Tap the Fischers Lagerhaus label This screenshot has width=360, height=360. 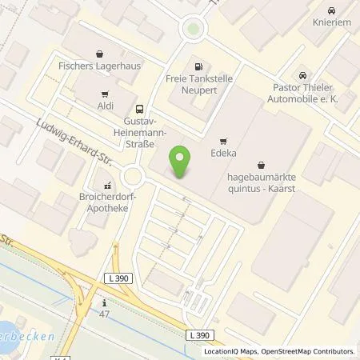pyautogui.click(x=100, y=58)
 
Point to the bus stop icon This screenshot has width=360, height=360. pyautogui.click(x=140, y=110)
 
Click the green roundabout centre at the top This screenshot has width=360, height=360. pyautogui.click(x=192, y=30)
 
